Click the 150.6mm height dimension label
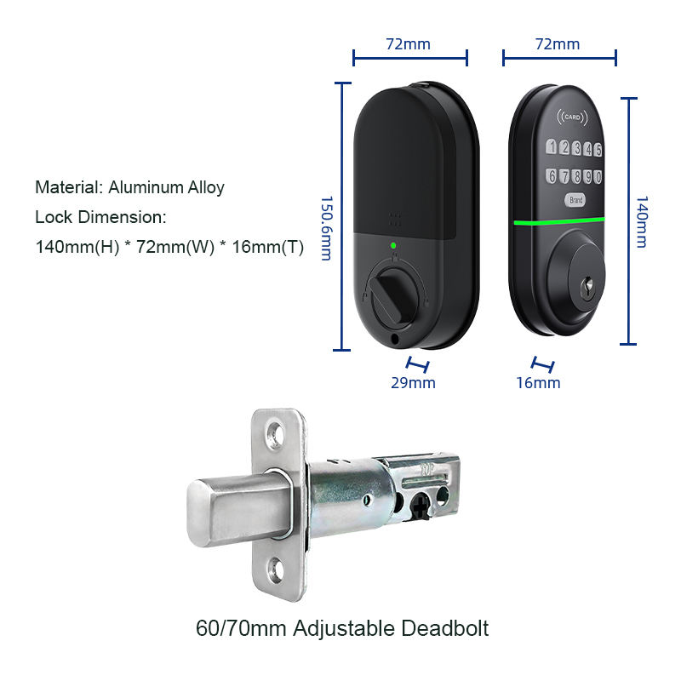[x=327, y=228]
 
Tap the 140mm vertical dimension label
[x=642, y=222]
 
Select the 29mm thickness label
[x=413, y=382]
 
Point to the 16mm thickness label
[x=538, y=382]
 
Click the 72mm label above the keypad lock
[x=558, y=44]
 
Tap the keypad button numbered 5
[x=598, y=150]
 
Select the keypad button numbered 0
[x=598, y=177]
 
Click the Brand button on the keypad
[x=576, y=200]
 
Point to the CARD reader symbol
[x=572, y=117]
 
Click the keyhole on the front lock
[x=588, y=287]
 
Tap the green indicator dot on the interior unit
[x=393, y=245]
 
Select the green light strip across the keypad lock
[x=559, y=221]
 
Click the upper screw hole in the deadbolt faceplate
[x=275, y=433]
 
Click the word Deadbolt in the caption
[x=444, y=628]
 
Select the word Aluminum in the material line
[x=146, y=187]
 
